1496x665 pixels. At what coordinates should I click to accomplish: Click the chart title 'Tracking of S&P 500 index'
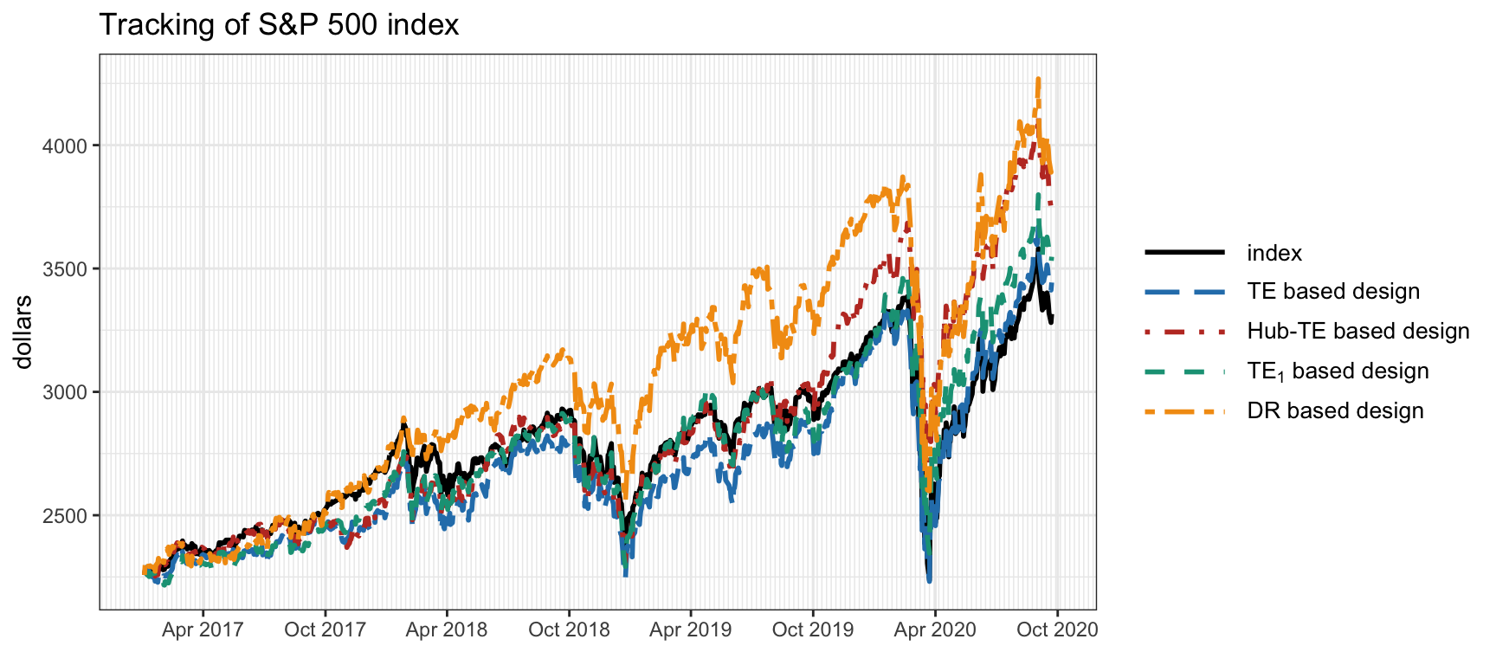pyautogui.click(x=279, y=24)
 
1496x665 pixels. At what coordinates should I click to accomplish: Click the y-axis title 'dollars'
pyautogui.click(x=23, y=332)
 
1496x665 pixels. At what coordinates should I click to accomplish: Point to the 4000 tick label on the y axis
pyautogui.click(x=65, y=145)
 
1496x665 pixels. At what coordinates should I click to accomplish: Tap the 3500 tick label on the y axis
pyautogui.click(x=65, y=269)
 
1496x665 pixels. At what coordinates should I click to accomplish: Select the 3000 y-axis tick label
pyautogui.click(x=65, y=392)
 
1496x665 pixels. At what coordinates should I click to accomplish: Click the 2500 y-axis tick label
pyautogui.click(x=65, y=516)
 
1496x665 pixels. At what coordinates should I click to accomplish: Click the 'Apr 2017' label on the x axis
pyautogui.click(x=203, y=629)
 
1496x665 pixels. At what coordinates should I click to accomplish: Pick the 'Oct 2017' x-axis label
pyautogui.click(x=325, y=629)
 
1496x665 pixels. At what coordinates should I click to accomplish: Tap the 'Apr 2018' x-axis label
pyautogui.click(x=447, y=629)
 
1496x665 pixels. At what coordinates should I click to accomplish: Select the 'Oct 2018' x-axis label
pyautogui.click(x=569, y=629)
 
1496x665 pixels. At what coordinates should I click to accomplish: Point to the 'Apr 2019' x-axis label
pyautogui.click(x=691, y=629)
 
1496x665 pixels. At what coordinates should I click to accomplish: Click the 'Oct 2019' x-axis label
pyautogui.click(x=813, y=629)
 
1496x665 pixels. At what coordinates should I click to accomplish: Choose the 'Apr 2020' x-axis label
pyautogui.click(x=935, y=629)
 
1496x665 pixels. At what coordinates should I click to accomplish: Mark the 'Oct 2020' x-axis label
pyautogui.click(x=1057, y=629)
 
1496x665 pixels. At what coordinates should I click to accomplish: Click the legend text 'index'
pyautogui.click(x=1274, y=253)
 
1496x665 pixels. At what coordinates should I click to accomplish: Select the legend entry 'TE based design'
pyautogui.click(x=1333, y=292)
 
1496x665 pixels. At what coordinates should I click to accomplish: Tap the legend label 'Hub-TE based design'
pyautogui.click(x=1357, y=332)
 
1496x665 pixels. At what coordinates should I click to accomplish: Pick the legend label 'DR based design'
pyautogui.click(x=1335, y=410)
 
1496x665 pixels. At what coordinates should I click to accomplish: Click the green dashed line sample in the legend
pyautogui.click(x=1184, y=371)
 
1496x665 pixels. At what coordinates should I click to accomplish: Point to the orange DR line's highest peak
pyautogui.click(x=1038, y=79)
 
